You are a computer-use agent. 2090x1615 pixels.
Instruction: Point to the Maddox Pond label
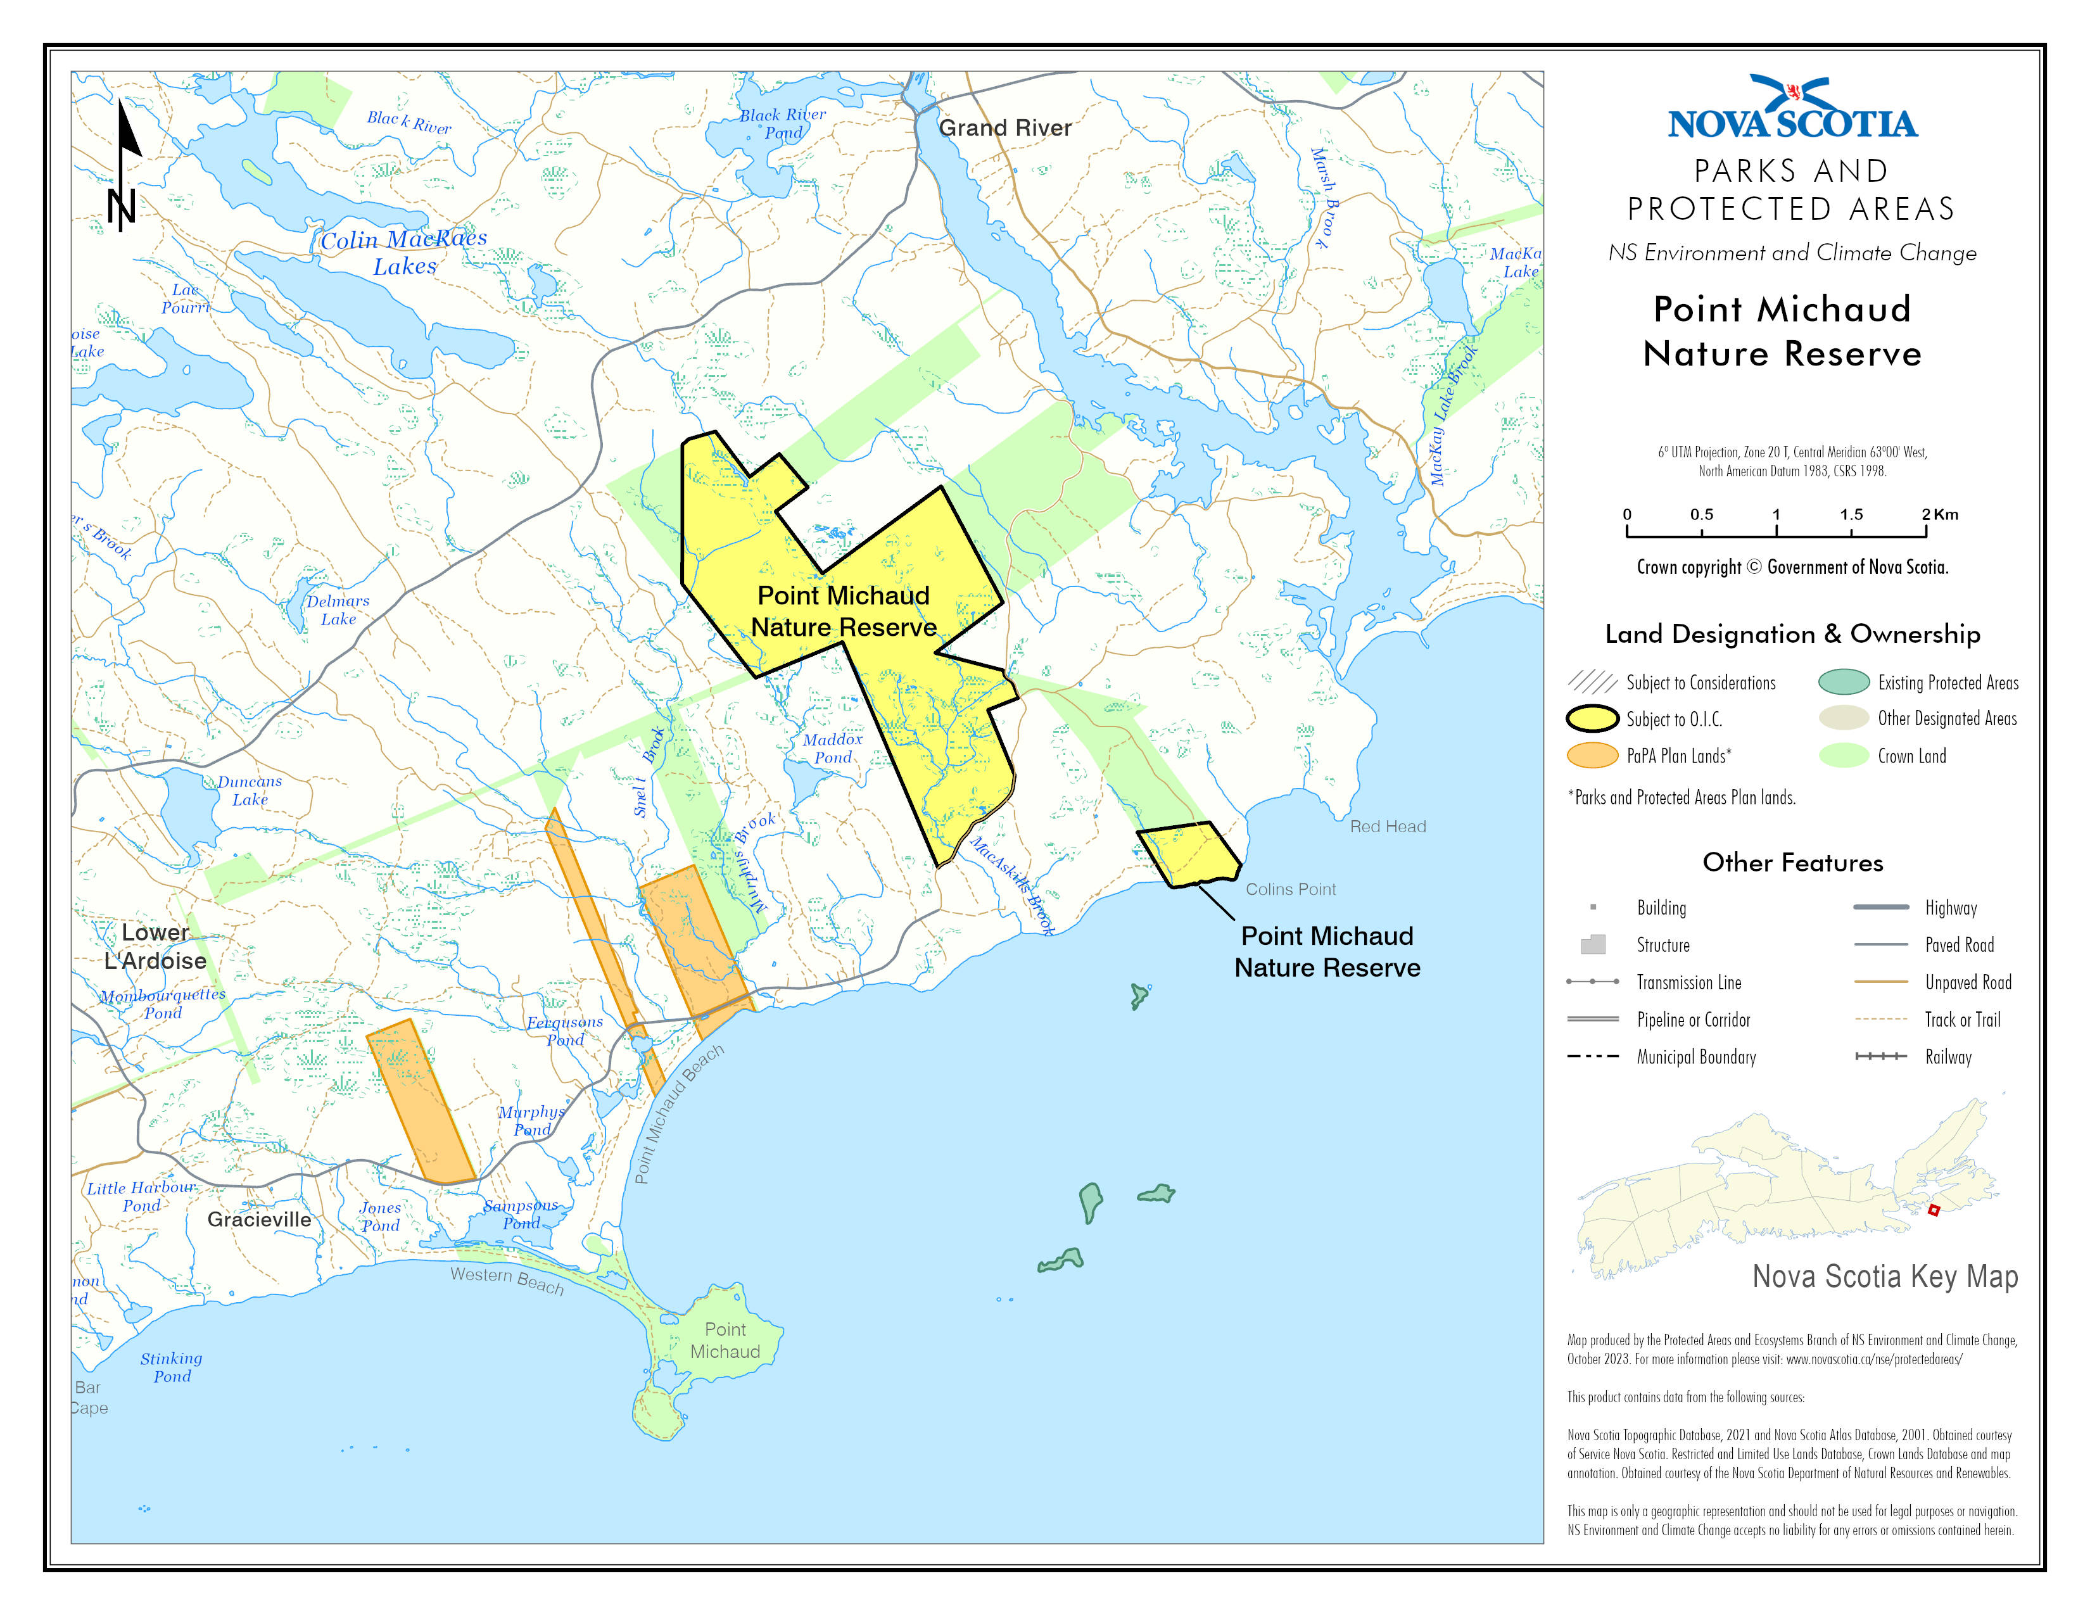click(833, 748)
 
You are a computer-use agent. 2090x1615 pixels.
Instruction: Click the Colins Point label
click(1290, 890)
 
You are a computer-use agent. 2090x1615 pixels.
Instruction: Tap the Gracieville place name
click(259, 1220)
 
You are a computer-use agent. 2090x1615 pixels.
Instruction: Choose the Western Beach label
click(507, 1279)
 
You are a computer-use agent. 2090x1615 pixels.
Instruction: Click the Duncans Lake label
click(249, 790)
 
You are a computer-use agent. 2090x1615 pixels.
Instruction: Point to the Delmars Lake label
click(337, 609)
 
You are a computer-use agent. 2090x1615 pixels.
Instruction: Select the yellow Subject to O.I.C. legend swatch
click(1592, 719)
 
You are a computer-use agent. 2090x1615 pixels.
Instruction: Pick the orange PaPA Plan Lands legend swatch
click(1592, 756)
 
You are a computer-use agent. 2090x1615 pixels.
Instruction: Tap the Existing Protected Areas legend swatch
click(1843, 682)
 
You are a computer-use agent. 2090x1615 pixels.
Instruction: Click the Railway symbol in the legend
click(1880, 1056)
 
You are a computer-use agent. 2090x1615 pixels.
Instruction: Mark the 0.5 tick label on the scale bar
click(1700, 515)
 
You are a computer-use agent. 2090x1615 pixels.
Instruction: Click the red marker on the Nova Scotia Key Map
click(1933, 1210)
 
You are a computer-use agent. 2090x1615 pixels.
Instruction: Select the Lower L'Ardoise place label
click(155, 946)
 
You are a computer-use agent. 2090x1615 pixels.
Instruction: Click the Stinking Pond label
click(171, 1367)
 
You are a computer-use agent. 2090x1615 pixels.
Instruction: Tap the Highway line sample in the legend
click(1880, 907)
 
